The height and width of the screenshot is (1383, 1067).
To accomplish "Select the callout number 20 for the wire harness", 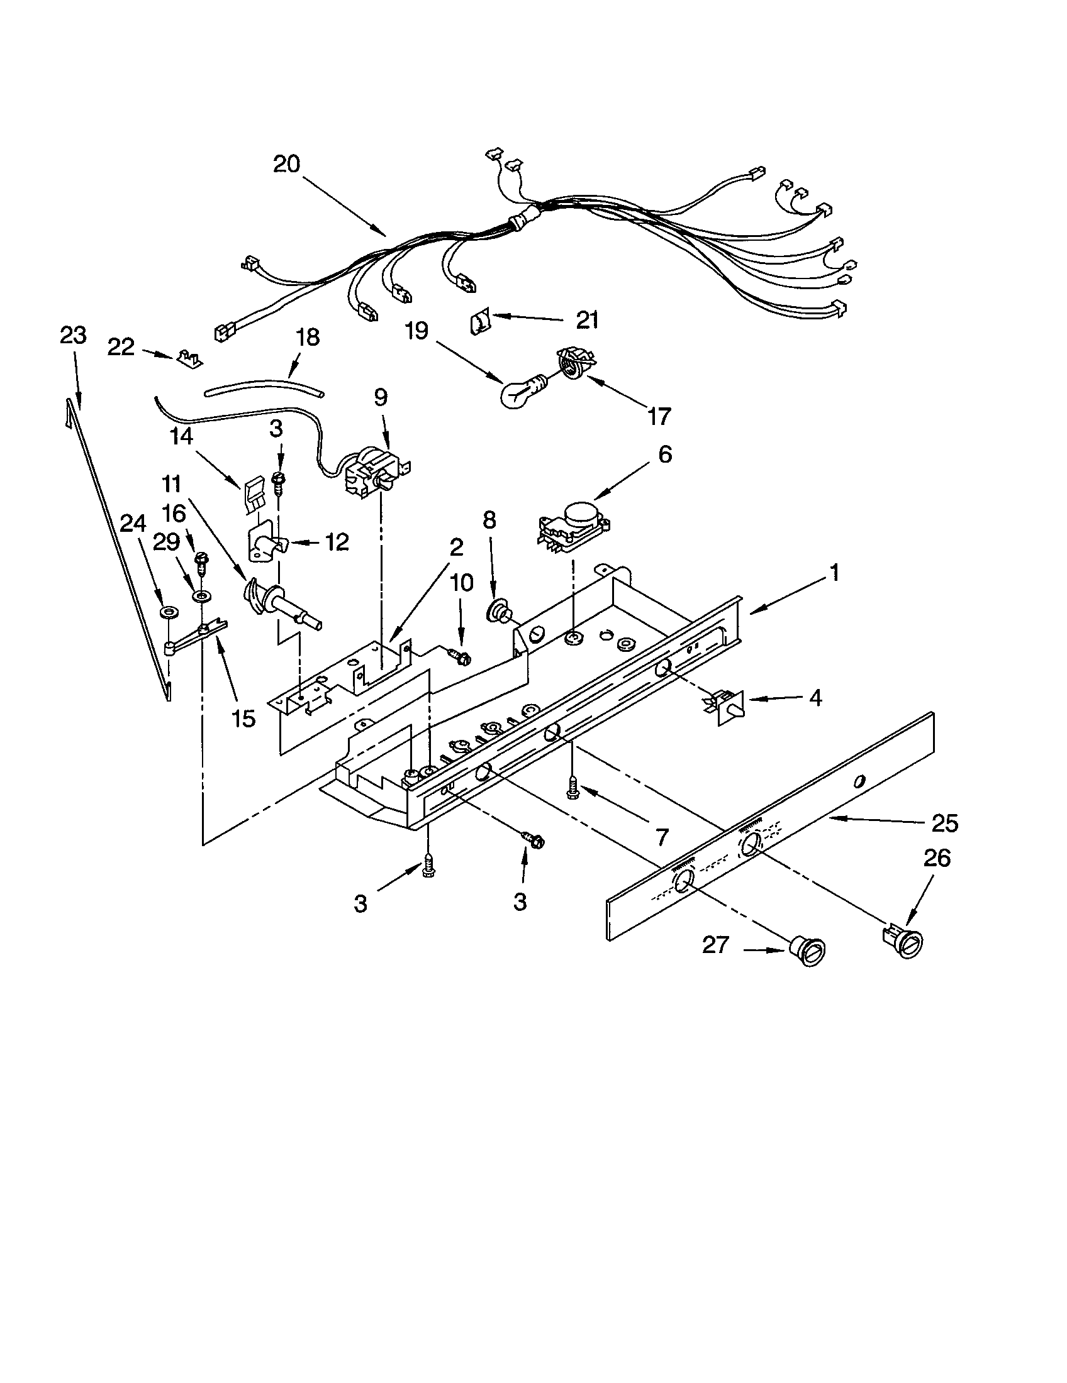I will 286,164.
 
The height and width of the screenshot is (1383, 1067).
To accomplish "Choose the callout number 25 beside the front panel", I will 945,823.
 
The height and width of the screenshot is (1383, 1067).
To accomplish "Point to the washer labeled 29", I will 203,596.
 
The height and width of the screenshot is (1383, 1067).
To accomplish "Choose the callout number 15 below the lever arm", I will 244,717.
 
